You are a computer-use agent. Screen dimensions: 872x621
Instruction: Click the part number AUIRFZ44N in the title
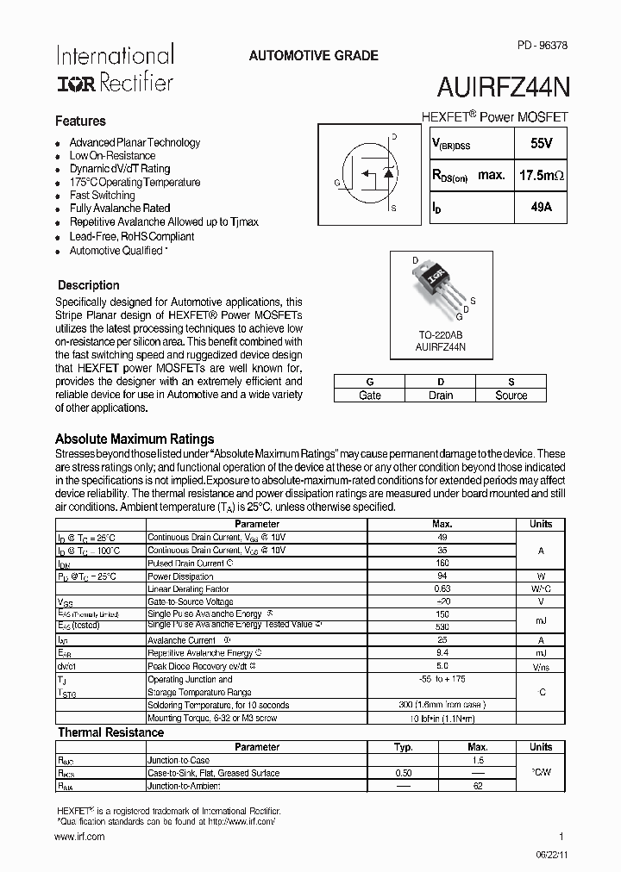503,89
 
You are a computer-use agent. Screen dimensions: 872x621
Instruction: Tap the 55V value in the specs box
542,144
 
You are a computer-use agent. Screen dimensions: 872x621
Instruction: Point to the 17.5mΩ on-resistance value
542,176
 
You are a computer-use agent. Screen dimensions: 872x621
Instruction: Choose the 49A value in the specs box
542,208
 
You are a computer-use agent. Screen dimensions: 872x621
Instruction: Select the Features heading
80,121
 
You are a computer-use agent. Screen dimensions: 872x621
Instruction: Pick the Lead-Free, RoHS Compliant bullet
131,236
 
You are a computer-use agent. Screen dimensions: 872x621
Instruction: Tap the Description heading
88,285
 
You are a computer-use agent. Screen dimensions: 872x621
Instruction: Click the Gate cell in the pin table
369,396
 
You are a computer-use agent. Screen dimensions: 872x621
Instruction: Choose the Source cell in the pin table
511,396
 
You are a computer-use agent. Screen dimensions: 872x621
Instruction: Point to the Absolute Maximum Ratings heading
135,439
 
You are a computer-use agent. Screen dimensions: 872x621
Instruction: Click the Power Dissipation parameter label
180,576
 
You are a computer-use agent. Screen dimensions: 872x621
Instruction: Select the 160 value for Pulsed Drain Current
442,564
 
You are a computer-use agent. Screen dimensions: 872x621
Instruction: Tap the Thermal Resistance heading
110,732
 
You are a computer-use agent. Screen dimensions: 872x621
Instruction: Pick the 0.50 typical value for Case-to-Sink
404,773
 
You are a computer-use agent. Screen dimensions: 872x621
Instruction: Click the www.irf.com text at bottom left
79,837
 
